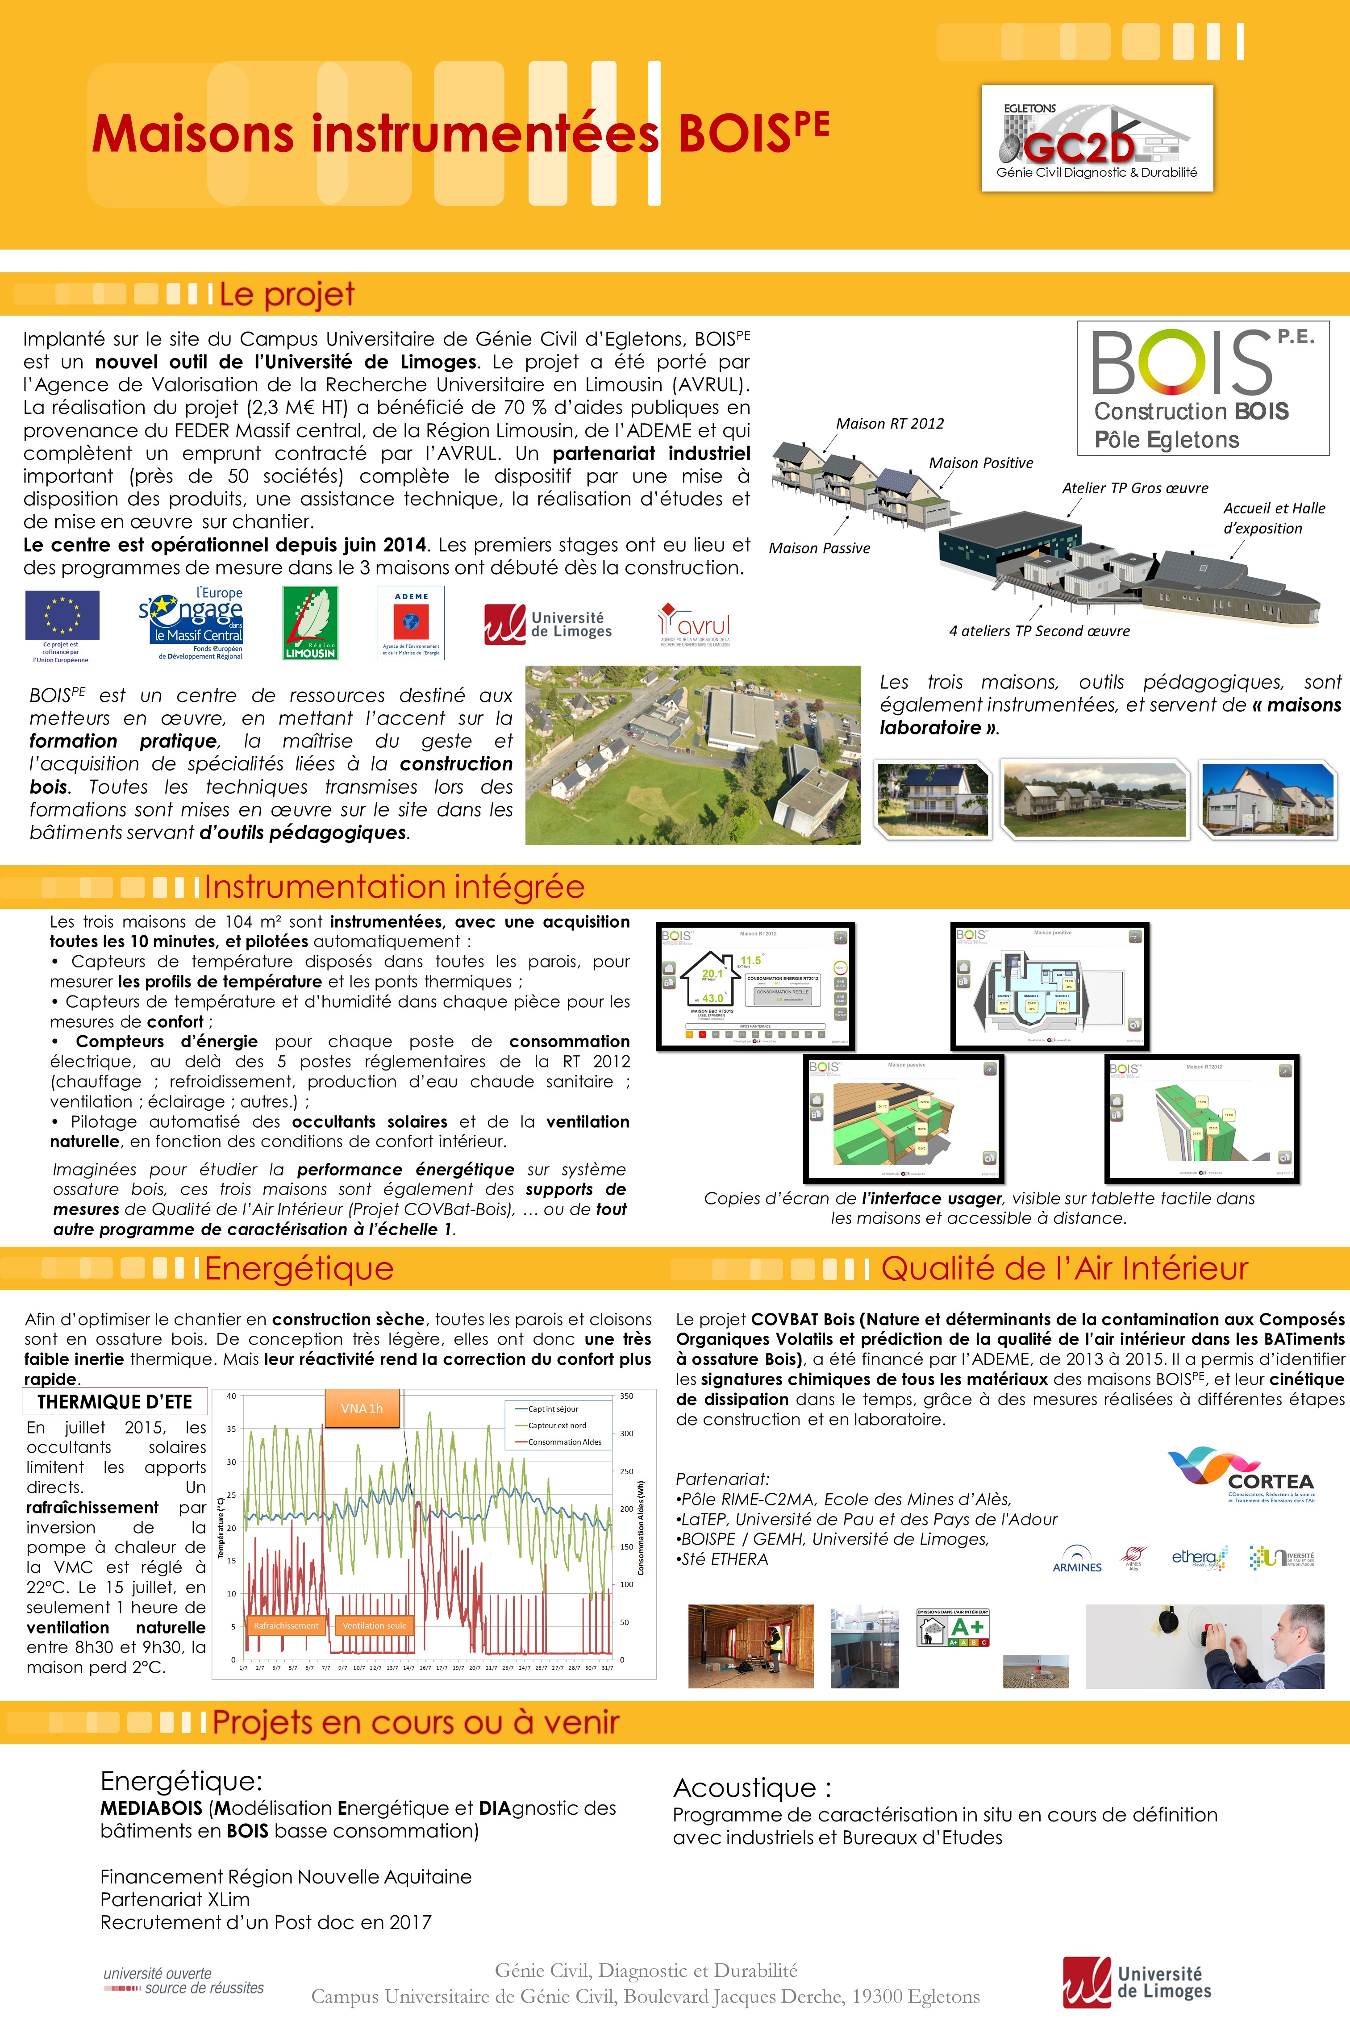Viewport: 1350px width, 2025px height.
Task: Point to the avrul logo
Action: (694, 623)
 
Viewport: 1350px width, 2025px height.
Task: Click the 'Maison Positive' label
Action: (981, 463)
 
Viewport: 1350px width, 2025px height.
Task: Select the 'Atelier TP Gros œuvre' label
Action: (1135, 488)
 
